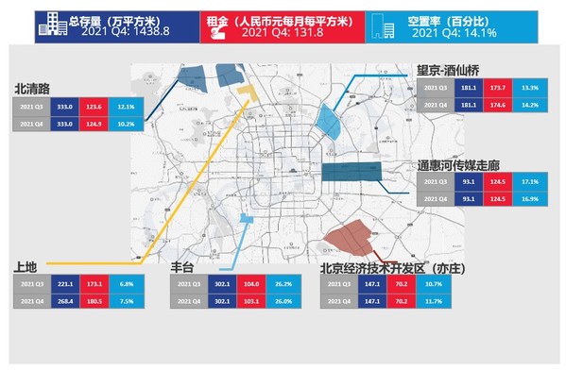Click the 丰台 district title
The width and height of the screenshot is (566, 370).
[183, 266]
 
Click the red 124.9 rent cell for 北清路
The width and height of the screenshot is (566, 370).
[93, 125]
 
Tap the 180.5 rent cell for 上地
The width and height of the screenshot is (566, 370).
[93, 301]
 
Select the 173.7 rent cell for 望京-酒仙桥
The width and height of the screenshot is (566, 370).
[495, 87]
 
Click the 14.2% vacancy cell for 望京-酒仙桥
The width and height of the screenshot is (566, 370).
[530, 105]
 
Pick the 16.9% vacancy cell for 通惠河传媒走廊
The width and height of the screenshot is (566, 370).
[530, 199]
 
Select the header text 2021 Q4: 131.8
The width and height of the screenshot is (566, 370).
[280, 33]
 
